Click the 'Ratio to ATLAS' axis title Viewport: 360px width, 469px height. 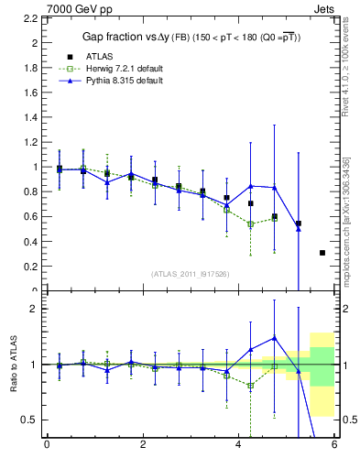tap(13, 365)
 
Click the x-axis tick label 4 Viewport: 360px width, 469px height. tap(239, 446)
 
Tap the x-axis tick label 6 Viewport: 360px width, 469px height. tap(334, 446)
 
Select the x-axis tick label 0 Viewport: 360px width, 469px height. tap(47, 446)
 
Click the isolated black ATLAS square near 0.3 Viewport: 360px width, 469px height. tap(322, 253)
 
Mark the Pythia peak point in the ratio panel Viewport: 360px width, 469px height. tap(273, 337)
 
